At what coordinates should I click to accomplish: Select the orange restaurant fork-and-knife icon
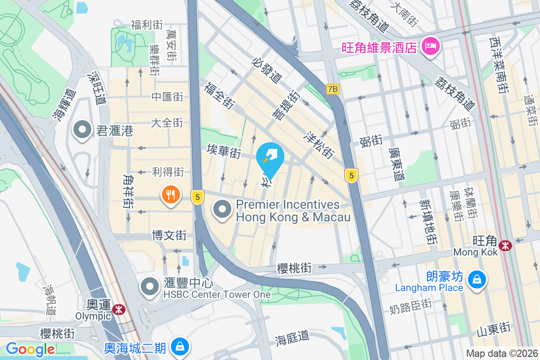171,195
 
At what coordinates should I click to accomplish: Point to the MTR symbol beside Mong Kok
506,245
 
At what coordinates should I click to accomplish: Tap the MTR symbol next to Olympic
119,309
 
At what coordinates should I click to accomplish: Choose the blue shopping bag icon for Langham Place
476,280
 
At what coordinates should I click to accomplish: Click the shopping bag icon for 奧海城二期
180,346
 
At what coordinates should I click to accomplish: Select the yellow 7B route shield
333,89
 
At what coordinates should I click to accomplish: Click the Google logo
30,349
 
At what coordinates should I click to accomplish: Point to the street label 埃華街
224,151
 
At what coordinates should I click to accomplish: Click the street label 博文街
169,235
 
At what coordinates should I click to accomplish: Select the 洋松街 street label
320,144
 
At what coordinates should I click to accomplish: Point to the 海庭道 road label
293,337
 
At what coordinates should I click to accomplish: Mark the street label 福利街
147,25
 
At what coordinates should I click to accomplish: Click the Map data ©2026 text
501,353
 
